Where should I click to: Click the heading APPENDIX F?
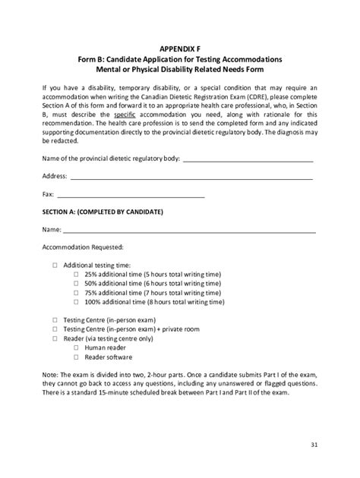pyautogui.click(x=179, y=47)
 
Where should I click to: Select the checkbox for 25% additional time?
pyautogui.click(x=76, y=273)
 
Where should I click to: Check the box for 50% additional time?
pyautogui.click(x=76, y=282)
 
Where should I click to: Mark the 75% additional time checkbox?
pyautogui.click(x=76, y=291)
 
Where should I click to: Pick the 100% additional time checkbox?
pyautogui.click(x=76, y=300)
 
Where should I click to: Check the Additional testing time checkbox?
pyautogui.click(x=55, y=264)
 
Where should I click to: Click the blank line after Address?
pyautogui.click(x=191, y=178)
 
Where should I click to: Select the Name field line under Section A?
pyautogui.click(x=189, y=231)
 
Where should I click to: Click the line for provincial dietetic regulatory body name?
pyautogui.click(x=248, y=160)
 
